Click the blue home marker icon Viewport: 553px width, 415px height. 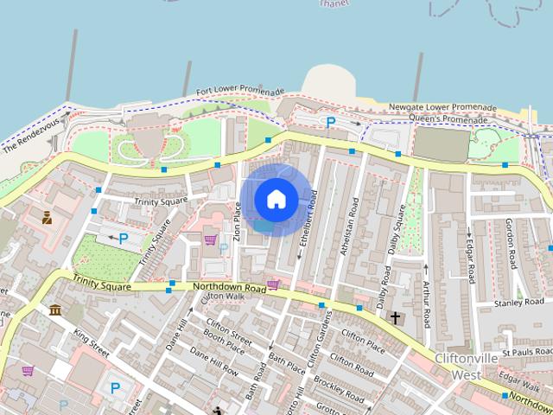276,199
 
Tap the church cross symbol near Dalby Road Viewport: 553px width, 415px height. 396,317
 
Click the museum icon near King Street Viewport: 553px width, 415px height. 55,310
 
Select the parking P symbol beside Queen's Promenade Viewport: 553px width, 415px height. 329,123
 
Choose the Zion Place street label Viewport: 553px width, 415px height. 237,220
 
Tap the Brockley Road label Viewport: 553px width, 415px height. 340,381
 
